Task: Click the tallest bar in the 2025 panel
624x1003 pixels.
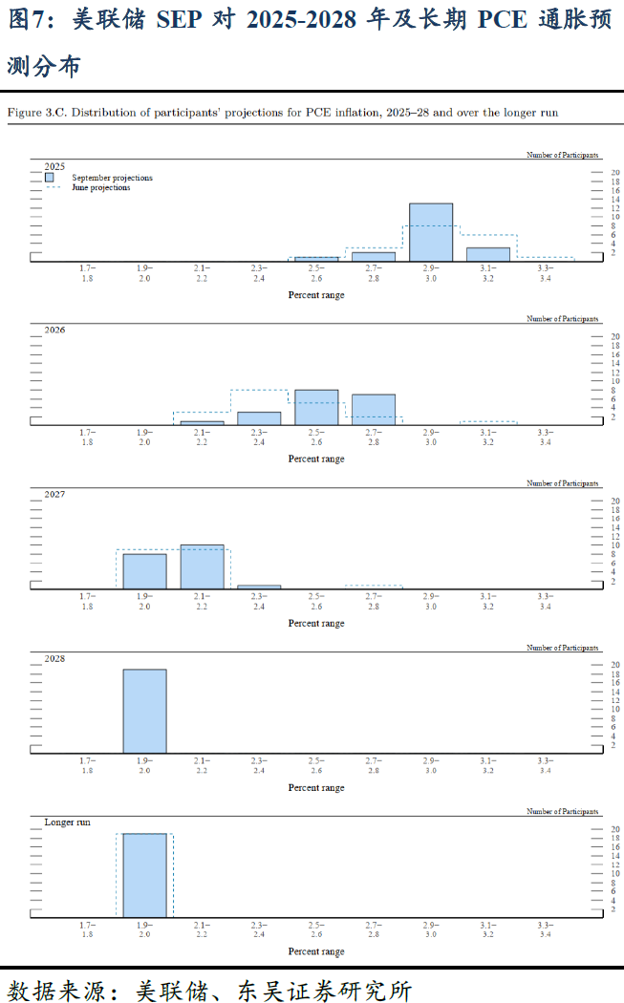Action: (431, 232)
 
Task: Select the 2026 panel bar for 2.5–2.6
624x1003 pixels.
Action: (316, 407)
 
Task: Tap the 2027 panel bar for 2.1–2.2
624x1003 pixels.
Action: (202, 567)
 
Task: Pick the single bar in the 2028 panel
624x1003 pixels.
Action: (144, 712)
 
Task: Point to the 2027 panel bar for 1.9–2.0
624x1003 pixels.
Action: (144, 571)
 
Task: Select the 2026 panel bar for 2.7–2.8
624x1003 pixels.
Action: (374, 409)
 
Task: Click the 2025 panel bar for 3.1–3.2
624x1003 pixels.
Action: (488, 254)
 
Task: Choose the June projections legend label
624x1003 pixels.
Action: (101, 188)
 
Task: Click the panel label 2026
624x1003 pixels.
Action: (55, 330)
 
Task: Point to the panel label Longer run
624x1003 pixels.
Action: (68, 822)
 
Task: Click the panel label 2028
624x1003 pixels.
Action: (55, 658)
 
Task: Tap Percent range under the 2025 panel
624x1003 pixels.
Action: (316, 295)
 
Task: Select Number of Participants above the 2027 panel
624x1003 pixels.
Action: (564, 483)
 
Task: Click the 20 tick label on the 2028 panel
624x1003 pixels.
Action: (616, 665)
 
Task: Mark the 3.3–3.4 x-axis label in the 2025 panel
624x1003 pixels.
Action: (545, 273)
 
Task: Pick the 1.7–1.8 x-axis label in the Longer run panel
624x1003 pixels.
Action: (87, 930)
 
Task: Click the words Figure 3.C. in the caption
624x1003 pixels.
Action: (36, 113)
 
